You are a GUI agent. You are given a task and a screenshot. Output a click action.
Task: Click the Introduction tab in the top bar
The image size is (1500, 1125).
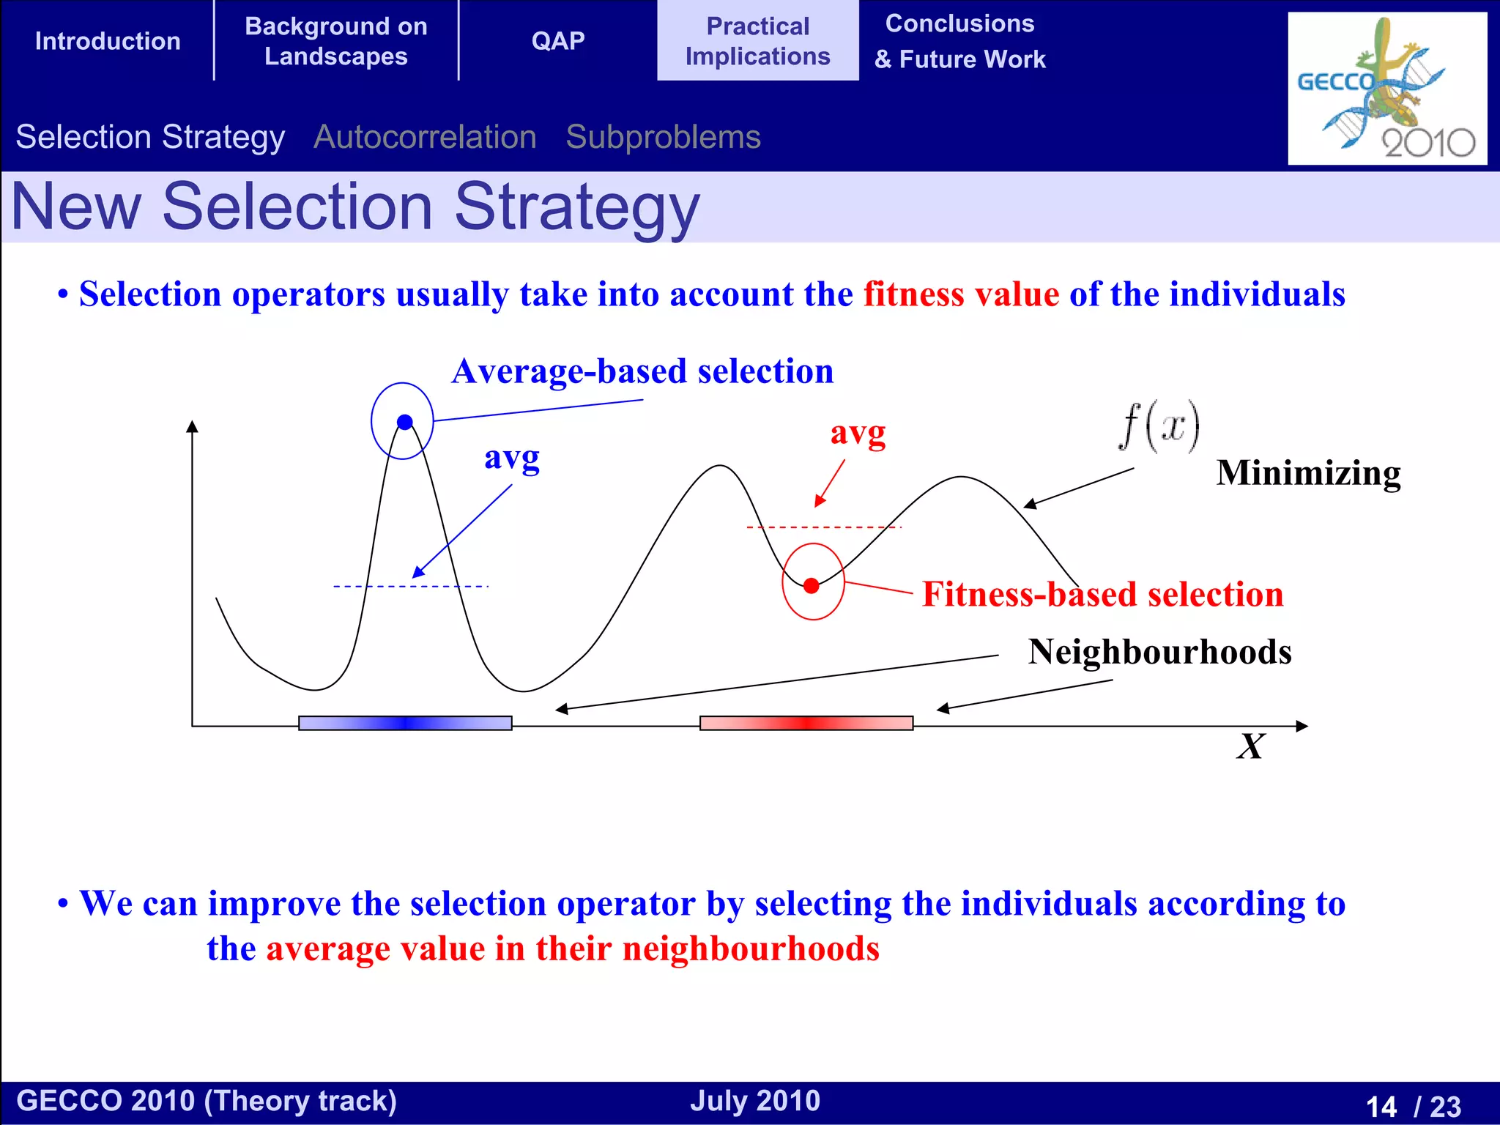coord(108,41)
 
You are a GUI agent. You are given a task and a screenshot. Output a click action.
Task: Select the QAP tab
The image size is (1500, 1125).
coord(558,41)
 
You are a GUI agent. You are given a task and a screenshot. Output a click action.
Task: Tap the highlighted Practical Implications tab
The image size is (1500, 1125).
coord(757,41)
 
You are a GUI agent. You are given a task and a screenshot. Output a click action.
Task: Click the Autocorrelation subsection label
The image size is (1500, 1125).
coord(425,137)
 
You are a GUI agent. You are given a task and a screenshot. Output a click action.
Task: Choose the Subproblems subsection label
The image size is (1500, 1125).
coord(663,137)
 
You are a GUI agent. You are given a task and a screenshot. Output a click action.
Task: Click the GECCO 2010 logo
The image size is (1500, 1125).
coord(1386,88)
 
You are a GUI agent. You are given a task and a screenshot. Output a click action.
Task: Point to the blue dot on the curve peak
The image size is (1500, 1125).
coord(405,422)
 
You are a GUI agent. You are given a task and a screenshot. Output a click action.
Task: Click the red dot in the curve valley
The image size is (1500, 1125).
coord(812,586)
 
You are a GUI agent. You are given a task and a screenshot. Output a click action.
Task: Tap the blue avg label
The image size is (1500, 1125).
coord(511,459)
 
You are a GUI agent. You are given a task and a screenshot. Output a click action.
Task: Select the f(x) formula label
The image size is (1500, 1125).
coord(1159,426)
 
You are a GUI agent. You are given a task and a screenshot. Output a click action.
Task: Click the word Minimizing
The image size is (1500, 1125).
coord(1308,473)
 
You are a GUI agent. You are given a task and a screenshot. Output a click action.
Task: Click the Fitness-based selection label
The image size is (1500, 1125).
coord(1102,594)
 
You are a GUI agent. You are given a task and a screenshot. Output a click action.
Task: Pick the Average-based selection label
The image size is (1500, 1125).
coord(642,371)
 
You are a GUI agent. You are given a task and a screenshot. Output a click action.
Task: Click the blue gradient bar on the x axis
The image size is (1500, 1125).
coord(405,723)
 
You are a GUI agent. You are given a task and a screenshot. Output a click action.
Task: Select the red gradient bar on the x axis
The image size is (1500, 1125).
coord(806,723)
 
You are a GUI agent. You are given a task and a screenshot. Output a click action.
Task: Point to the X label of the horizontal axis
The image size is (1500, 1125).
coord(1250,747)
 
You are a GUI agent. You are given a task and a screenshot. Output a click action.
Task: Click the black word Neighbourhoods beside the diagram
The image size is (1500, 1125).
coord(1159,652)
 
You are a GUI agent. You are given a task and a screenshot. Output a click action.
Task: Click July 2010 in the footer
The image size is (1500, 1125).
coord(754,1101)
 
